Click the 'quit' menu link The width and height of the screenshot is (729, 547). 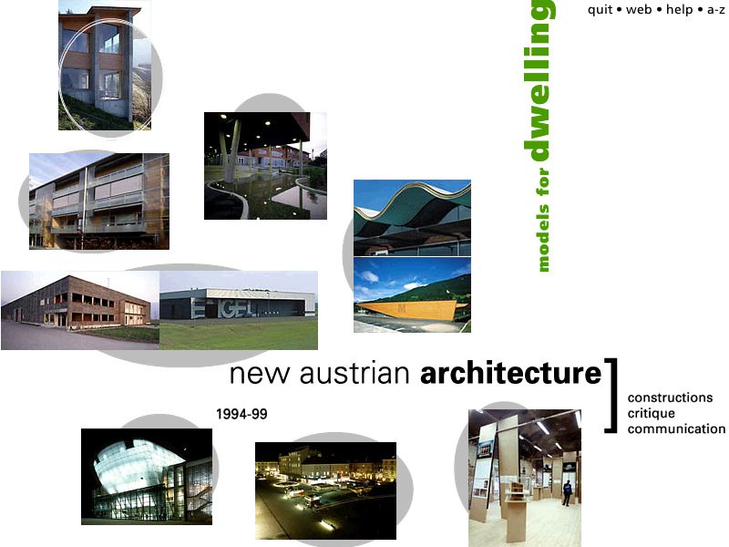coord(600,10)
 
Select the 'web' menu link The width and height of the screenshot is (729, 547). coord(639,9)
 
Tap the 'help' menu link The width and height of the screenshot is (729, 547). coord(679,10)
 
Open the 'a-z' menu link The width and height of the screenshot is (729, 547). coord(716,10)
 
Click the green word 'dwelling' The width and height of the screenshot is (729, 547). coord(539,80)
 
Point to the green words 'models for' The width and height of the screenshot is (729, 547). coord(542,220)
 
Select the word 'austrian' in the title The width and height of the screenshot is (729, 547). coord(354,374)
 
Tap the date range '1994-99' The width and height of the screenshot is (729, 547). coord(241,414)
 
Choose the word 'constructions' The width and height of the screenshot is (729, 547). coord(670,397)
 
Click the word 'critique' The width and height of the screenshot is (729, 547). coord(651,414)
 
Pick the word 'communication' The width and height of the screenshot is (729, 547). coord(676,428)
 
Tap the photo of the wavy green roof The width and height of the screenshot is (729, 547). coord(412,218)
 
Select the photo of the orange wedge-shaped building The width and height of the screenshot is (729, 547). coord(412,294)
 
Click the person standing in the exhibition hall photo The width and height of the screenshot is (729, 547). coord(567,493)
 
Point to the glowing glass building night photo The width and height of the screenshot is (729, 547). coord(147,477)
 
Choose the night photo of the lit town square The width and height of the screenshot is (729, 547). coord(325,490)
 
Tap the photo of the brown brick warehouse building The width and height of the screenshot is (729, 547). coord(80,310)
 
